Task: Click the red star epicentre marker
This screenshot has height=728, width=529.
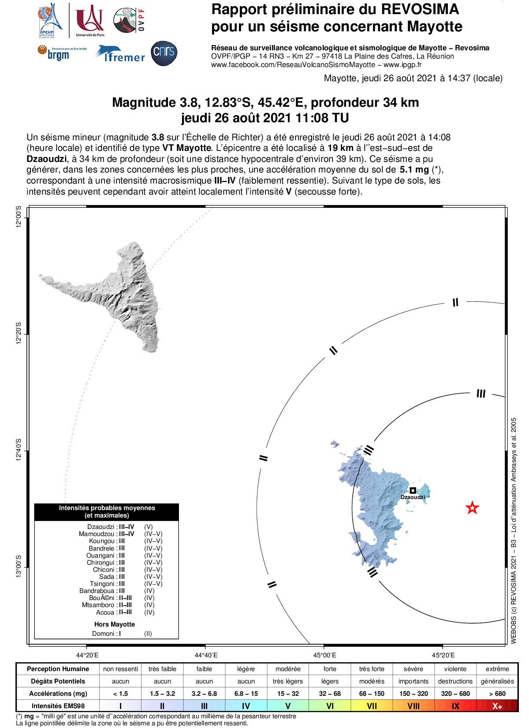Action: (x=472, y=508)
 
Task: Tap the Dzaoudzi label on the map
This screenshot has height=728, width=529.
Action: (x=413, y=497)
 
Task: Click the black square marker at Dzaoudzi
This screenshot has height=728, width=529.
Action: (x=413, y=490)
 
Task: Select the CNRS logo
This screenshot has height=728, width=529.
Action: (x=164, y=53)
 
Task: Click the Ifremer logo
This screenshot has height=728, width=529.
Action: (x=119, y=54)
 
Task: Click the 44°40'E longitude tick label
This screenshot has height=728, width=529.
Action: (x=206, y=655)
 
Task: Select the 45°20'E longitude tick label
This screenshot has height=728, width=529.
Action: (x=443, y=655)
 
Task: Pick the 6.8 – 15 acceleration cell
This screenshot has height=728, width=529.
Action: (x=246, y=694)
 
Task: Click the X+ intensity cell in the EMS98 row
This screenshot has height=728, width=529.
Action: (x=497, y=706)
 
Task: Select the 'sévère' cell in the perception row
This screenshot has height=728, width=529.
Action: (x=413, y=669)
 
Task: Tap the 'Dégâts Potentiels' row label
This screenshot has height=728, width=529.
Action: (x=58, y=681)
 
